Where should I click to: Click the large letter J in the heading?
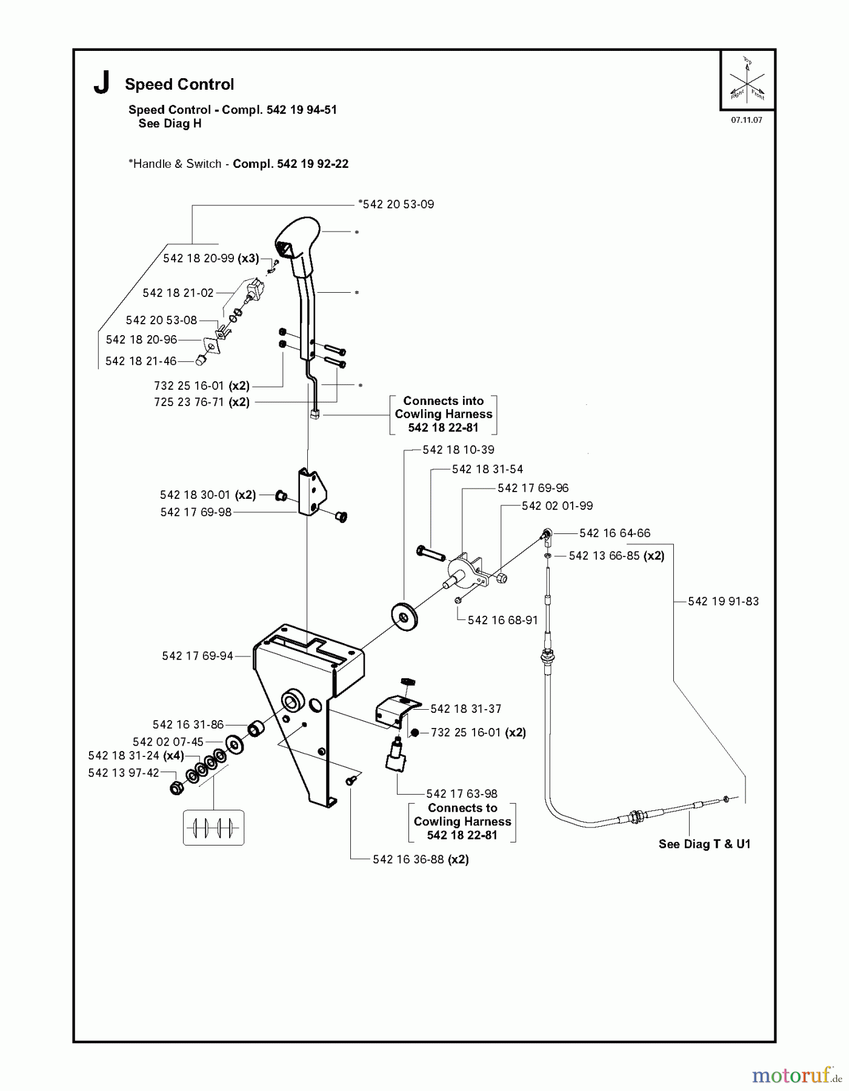[x=102, y=83]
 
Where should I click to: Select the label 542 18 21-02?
[x=178, y=293]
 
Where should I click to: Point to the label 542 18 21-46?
[x=141, y=361]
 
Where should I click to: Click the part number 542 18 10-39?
[x=458, y=450]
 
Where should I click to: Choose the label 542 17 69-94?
[x=198, y=656]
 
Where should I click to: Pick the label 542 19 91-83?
[x=723, y=601]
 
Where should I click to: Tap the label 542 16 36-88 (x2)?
[x=421, y=859]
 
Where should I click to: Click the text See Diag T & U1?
[x=704, y=844]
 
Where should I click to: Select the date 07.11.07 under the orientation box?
[x=746, y=120]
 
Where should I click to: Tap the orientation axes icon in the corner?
[x=747, y=79]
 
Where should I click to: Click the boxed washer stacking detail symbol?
[x=213, y=827]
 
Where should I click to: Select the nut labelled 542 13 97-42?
[x=176, y=788]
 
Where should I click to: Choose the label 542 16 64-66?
[x=614, y=533]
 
